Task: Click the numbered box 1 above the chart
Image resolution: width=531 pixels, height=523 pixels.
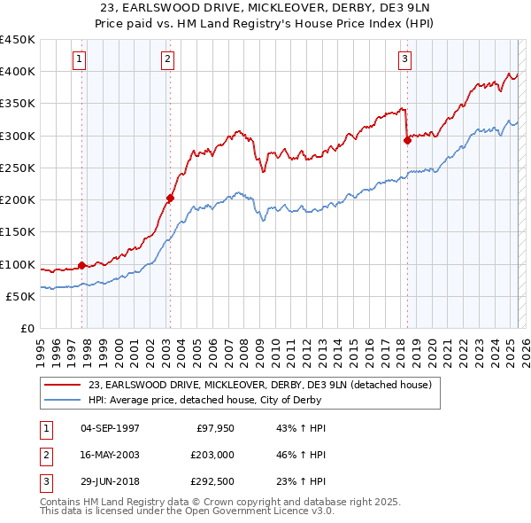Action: point(79,59)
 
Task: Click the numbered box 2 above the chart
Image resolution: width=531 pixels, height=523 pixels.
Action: point(167,59)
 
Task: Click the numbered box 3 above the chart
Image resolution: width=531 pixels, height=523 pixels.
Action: point(404,59)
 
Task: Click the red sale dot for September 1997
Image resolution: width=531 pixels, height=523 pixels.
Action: point(82,265)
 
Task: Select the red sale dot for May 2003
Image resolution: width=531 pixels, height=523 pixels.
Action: point(171,198)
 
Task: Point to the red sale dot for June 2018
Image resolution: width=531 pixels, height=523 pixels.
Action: point(407,140)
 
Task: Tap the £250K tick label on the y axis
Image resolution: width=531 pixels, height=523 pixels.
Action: point(18,168)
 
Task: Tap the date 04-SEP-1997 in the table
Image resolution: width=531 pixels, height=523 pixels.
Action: point(110,428)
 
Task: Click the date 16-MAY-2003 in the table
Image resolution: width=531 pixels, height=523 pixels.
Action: point(110,454)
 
